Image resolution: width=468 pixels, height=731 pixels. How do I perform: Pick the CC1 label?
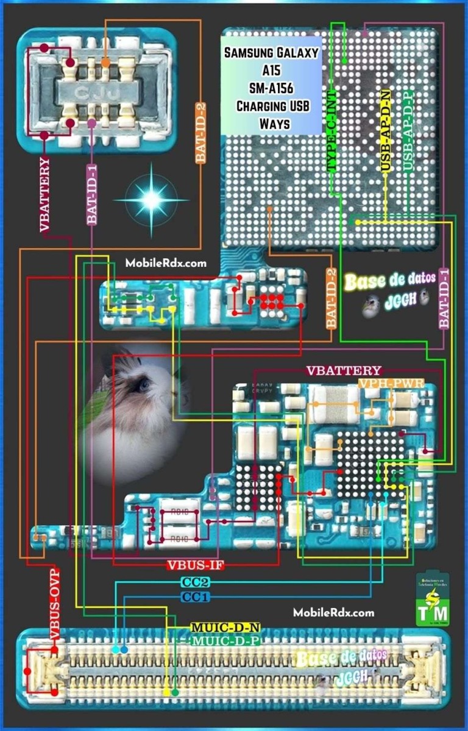pyautogui.click(x=195, y=598)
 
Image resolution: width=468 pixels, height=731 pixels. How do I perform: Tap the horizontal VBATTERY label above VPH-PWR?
pyautogui.click(x=344, y=371)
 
